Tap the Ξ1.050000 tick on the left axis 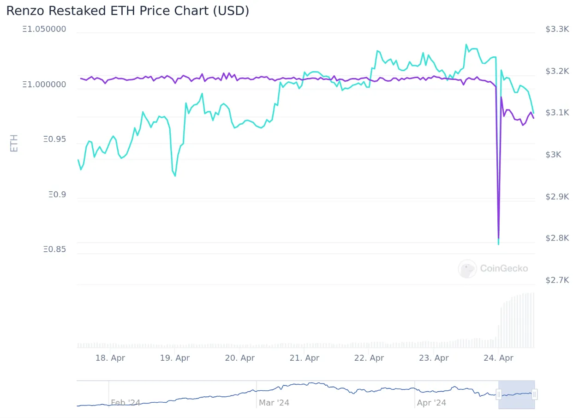pyautogui.click(x=44, y=29)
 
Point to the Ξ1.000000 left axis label pyautogui.click(x=44, y=84)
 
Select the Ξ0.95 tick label pyautogui.click(x=55, y=139)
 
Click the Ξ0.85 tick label pyautogui.click(x=55, y=249)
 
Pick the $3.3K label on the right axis pyautogui.click(x=557, y=29)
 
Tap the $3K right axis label pyautogui.click(x=553, y=154)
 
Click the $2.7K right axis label pyautogui.click(x=557, y=280)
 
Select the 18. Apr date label pyautogui.click(x=110, y=358)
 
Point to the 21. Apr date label pyautogui.click(x=304, y=358)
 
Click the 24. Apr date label pyautogui.click(x=498, y=358)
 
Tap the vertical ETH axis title pyautogui.click(x=14, y=143)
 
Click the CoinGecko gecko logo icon pyautogui.click(x=467, y=269)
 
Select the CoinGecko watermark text pyautogui.click(x=504, y=268)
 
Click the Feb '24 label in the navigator pyautogui.click(x=125, y=403)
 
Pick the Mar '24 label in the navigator pyautogui.click(x=274, y=403)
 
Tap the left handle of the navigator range pyautogui.click(x=499, y=394)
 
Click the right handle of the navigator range pyautogui.click(x=534, y=394)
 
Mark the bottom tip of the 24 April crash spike pyautogui.click(x=499, y=244)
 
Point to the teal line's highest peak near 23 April pyautogui.click(x=466, y=44)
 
